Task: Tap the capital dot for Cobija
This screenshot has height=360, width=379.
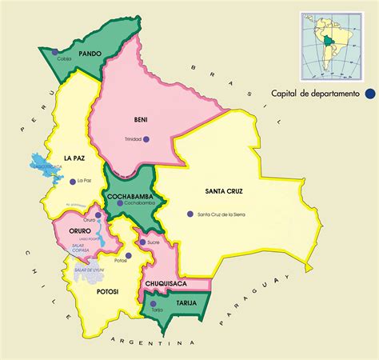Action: [x=55, y=52]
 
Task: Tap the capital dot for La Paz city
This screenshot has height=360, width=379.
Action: [x=72, y=181]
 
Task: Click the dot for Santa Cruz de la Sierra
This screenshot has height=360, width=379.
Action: [x=189, y=214]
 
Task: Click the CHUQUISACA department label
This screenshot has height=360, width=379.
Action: [x=166, y=284]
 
